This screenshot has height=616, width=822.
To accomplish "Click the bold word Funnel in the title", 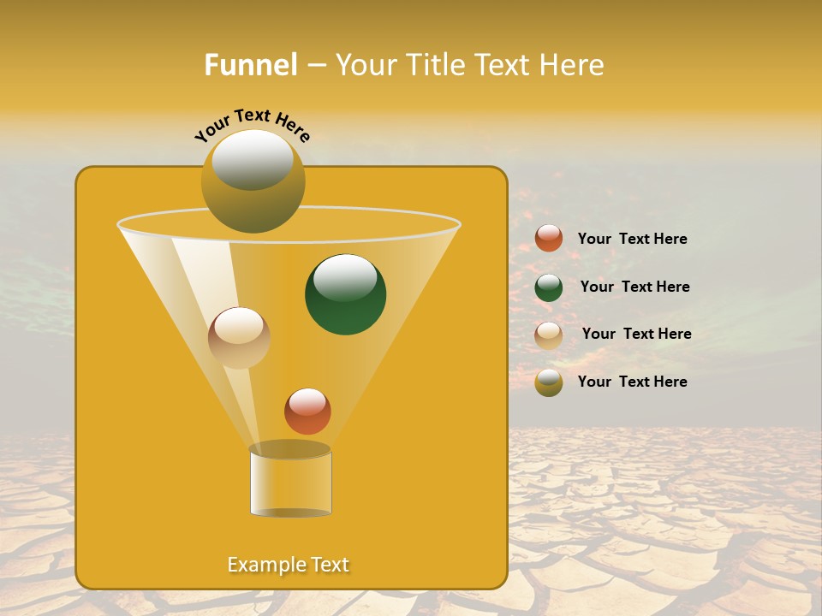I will point(250,65).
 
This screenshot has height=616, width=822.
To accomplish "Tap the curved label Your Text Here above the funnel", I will point(253,126).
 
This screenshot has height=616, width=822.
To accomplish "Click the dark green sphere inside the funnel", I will point(346,295).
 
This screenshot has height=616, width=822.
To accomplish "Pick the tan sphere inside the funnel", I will point(239,338).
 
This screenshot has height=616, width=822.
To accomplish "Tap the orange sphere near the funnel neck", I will point(307,411).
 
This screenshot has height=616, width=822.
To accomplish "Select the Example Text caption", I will point(289,565).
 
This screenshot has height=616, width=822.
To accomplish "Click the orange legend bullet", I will point(549,239).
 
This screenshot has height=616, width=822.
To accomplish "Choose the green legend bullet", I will point(549,287).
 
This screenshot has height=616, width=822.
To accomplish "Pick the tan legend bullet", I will point(549,335).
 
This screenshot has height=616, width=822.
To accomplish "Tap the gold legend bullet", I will point(549,382).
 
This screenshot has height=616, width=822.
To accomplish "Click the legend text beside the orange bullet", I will point(632,239).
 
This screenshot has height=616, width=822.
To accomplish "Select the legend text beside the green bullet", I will point(634,287).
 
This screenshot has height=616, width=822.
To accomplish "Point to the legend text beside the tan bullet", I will point(636,334).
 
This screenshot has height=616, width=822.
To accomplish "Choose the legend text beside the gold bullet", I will point(632,382).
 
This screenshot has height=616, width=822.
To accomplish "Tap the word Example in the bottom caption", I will point(263,565).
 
